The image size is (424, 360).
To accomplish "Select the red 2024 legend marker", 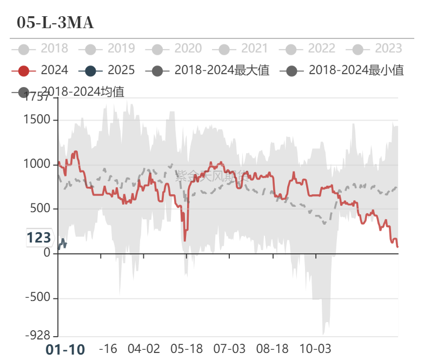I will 23,70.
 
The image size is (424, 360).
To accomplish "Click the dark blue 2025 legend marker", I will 90,70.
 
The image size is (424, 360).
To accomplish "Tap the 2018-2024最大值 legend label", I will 221,70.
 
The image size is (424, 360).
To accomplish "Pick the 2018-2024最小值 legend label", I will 356,70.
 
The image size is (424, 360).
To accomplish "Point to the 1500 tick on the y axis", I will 38,120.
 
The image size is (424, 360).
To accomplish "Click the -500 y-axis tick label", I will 38,298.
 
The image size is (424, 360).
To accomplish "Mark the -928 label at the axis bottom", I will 38,336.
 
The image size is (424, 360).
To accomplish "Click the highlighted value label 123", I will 39,238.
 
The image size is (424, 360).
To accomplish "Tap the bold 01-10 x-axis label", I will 65,350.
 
